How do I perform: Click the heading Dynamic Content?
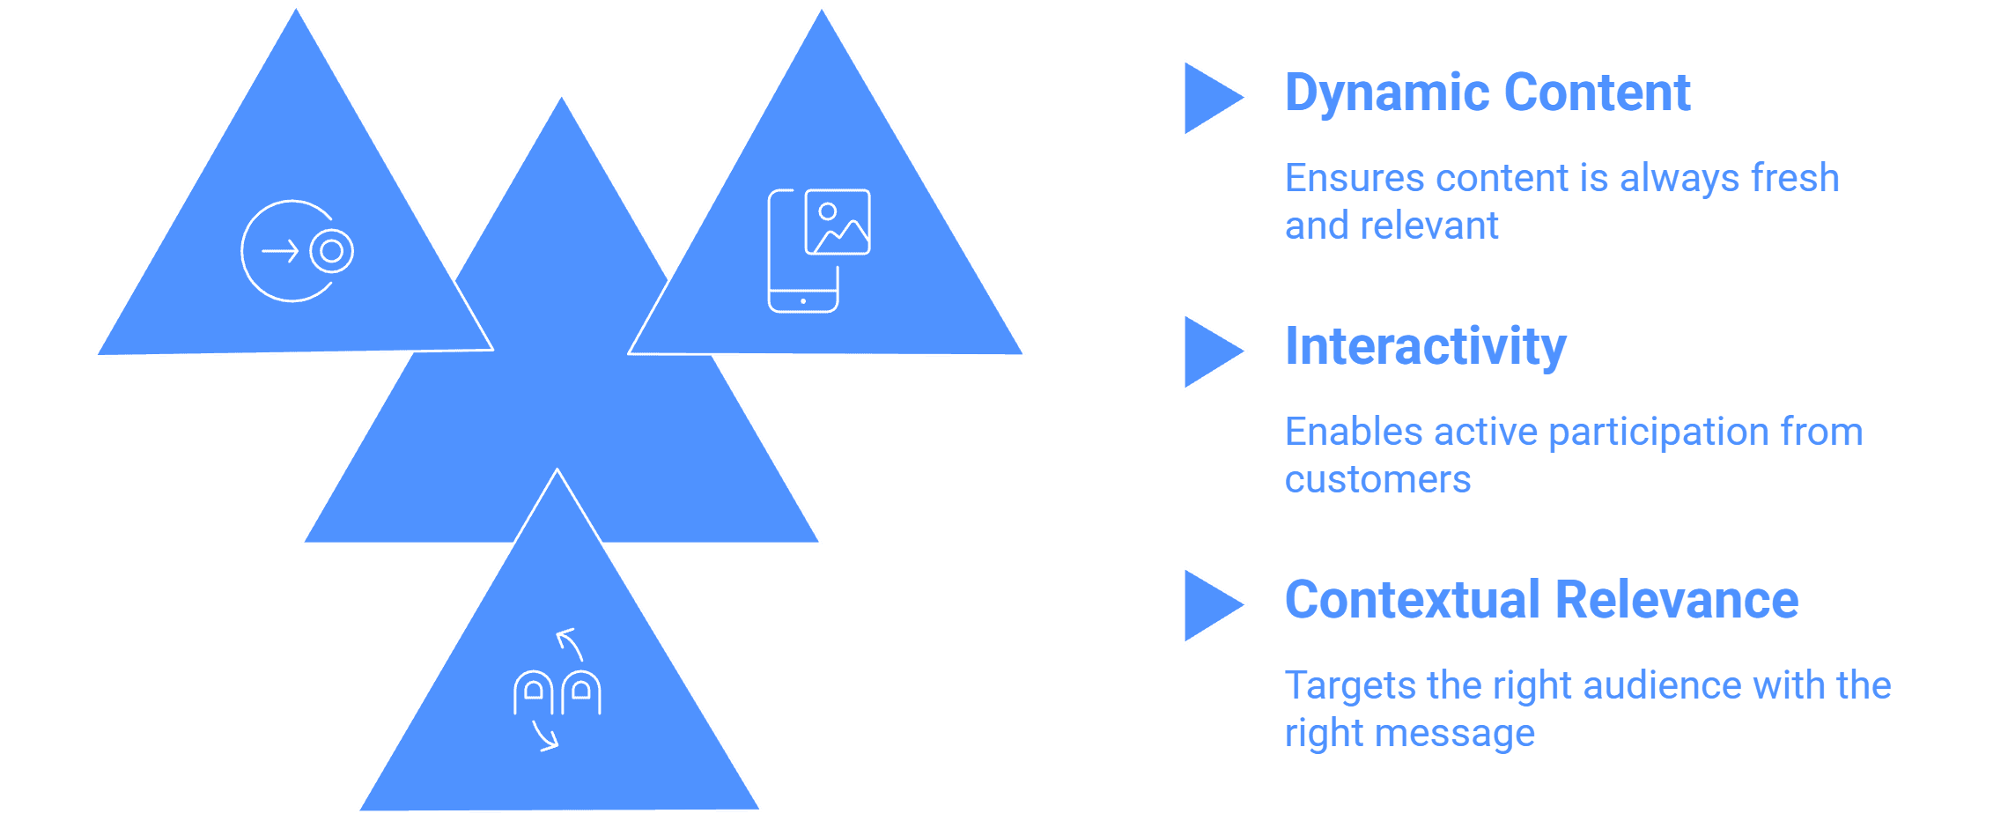click(1488, 92)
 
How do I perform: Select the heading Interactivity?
click(1426, 346)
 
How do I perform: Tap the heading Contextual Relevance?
click(1541, 600)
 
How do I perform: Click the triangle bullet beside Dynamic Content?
click(1214, 98)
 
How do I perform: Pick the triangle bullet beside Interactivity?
click(1214, 351)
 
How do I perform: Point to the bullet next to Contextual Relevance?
click(1214, 605)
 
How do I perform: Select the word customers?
click(1377, 480)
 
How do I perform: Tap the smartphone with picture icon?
click(819, 251)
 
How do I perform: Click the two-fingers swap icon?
click(557, 690)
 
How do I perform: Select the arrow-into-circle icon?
click(297, 251)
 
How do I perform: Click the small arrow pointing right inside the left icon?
click(280, 252)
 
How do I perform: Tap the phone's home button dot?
click(803, 301)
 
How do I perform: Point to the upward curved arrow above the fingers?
click(571, 642)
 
